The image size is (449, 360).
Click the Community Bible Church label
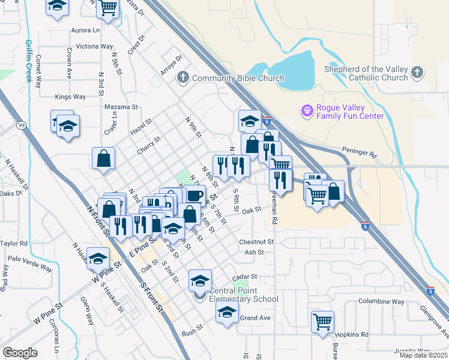coord(238,78)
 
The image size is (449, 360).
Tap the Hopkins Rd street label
coord(352,334)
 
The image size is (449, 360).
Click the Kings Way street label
coord(70,97)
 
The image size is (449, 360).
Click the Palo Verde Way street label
coord(27,260)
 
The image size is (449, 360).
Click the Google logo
coord(20,353)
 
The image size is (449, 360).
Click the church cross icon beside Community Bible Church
coord(183,78)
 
